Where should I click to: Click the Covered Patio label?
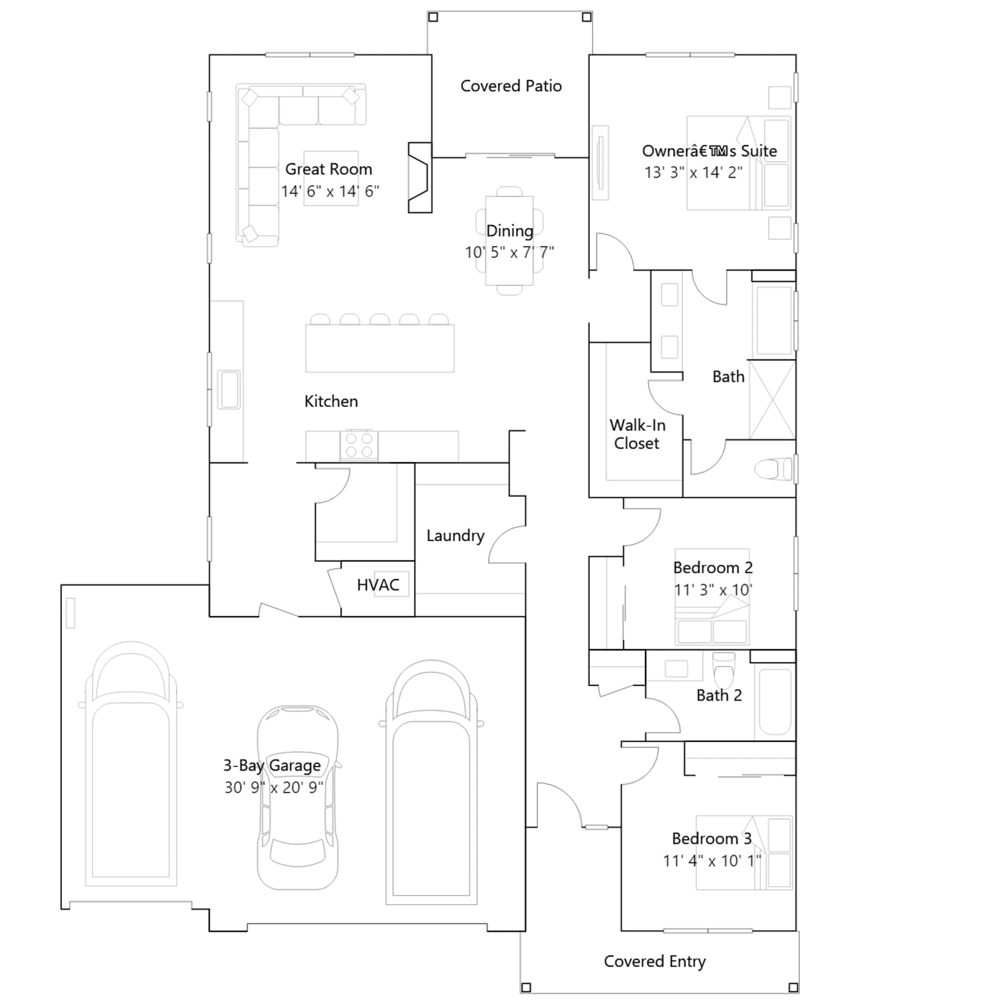click(x=511, y=86)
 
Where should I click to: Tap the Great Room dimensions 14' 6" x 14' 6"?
click(x=330, y=191)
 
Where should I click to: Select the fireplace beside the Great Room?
click(x=420, y=178)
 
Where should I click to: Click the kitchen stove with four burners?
click(x=359, y=445)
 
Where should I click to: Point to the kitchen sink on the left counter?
click(x=229, y=389)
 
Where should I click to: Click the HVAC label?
click(x=378, y=585)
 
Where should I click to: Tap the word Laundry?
click(x=455, y=535)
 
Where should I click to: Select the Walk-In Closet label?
click(x=637, y=434)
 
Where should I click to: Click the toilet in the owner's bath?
click(x=774, y=469)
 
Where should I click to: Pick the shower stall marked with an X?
click(x=772, y=399)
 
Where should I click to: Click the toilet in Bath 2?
click(x=723, y=669)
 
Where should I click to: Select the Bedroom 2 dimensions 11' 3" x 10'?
click(x=713, y=590)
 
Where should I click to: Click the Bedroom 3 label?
click(x=712, y=839)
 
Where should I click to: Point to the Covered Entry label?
click(x=655, y=961)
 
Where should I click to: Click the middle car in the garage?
click(x=297, y=798)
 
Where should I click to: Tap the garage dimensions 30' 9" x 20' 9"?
click(x=274, y=787)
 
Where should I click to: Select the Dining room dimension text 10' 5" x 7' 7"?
click(x=510, y=252)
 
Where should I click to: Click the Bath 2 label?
click(x=719, y=696)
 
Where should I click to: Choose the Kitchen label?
click(x=331, y=401)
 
